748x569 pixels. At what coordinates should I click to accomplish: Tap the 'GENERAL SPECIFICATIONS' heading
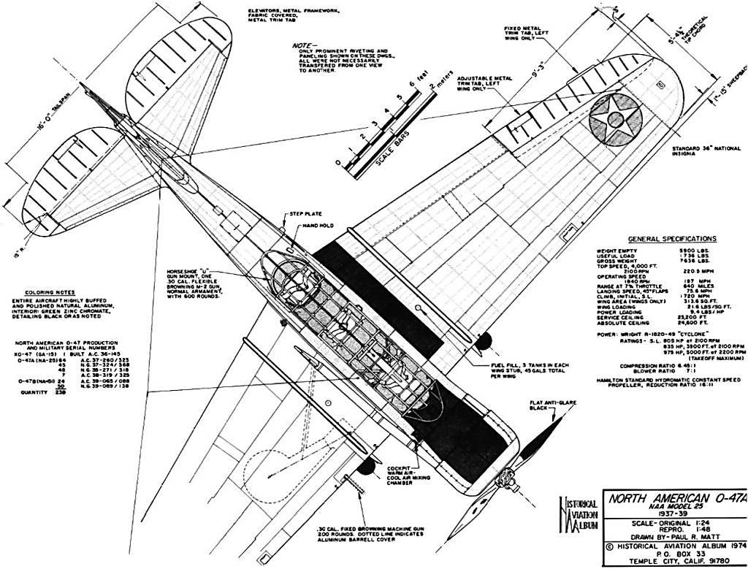coord(672,239)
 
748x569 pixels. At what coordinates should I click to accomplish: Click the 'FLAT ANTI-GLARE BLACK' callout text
coord(541,406)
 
